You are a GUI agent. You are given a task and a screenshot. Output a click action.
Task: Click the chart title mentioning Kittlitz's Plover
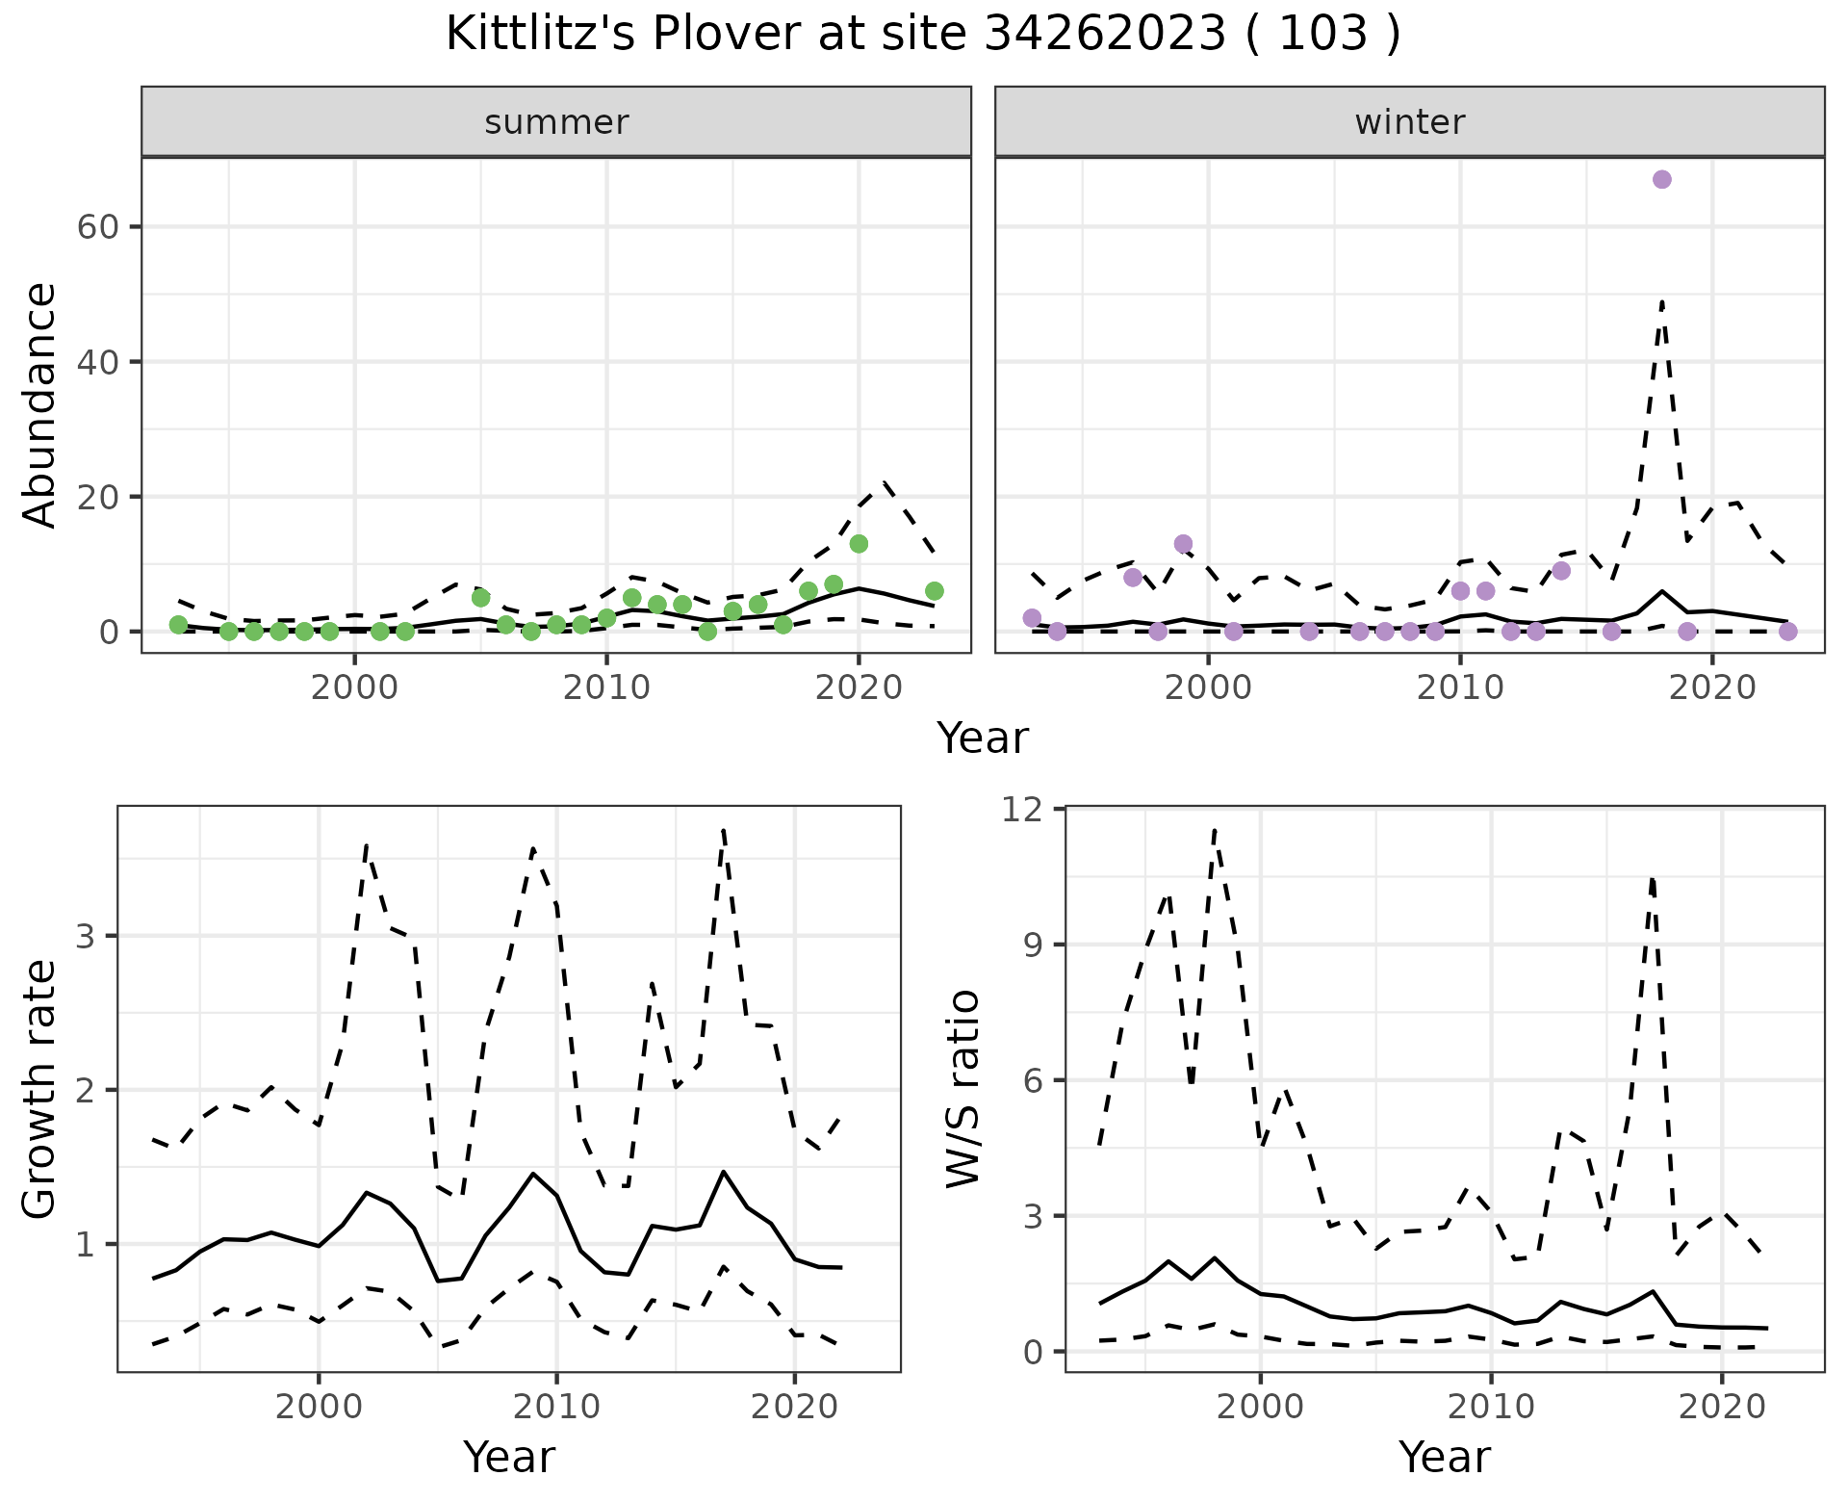coord(923,35)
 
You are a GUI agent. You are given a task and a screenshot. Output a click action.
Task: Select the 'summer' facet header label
coord(556,122)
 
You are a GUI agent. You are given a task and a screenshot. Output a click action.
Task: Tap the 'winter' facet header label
coord(1409,122)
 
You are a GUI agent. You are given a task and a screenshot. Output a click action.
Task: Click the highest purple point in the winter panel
coord(1661,179)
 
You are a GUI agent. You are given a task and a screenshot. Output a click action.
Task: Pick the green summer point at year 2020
coord(859,544)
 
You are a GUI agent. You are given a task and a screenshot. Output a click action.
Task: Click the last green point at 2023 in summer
coord(934,591)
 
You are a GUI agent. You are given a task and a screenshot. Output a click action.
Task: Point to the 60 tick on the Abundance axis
coord(95,227)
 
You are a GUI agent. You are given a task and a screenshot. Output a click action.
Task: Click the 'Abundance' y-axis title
coord(40,404)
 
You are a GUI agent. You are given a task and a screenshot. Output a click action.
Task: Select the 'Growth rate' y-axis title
coord(40,1090)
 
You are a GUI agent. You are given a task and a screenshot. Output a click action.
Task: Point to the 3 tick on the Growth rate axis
coord(84,937)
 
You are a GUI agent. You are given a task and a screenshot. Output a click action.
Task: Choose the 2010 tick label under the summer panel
coord(606,687)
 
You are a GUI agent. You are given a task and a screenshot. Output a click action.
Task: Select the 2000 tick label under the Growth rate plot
coord(319,1407)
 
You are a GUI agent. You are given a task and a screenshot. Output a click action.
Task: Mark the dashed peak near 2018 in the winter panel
coord(1662,302)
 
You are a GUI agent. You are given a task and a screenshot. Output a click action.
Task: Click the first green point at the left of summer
coord(178,625)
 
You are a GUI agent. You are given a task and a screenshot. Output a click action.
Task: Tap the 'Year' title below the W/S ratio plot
coord(1444,1457)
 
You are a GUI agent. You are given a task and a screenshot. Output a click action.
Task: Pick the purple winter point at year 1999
coord(1183,544)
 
